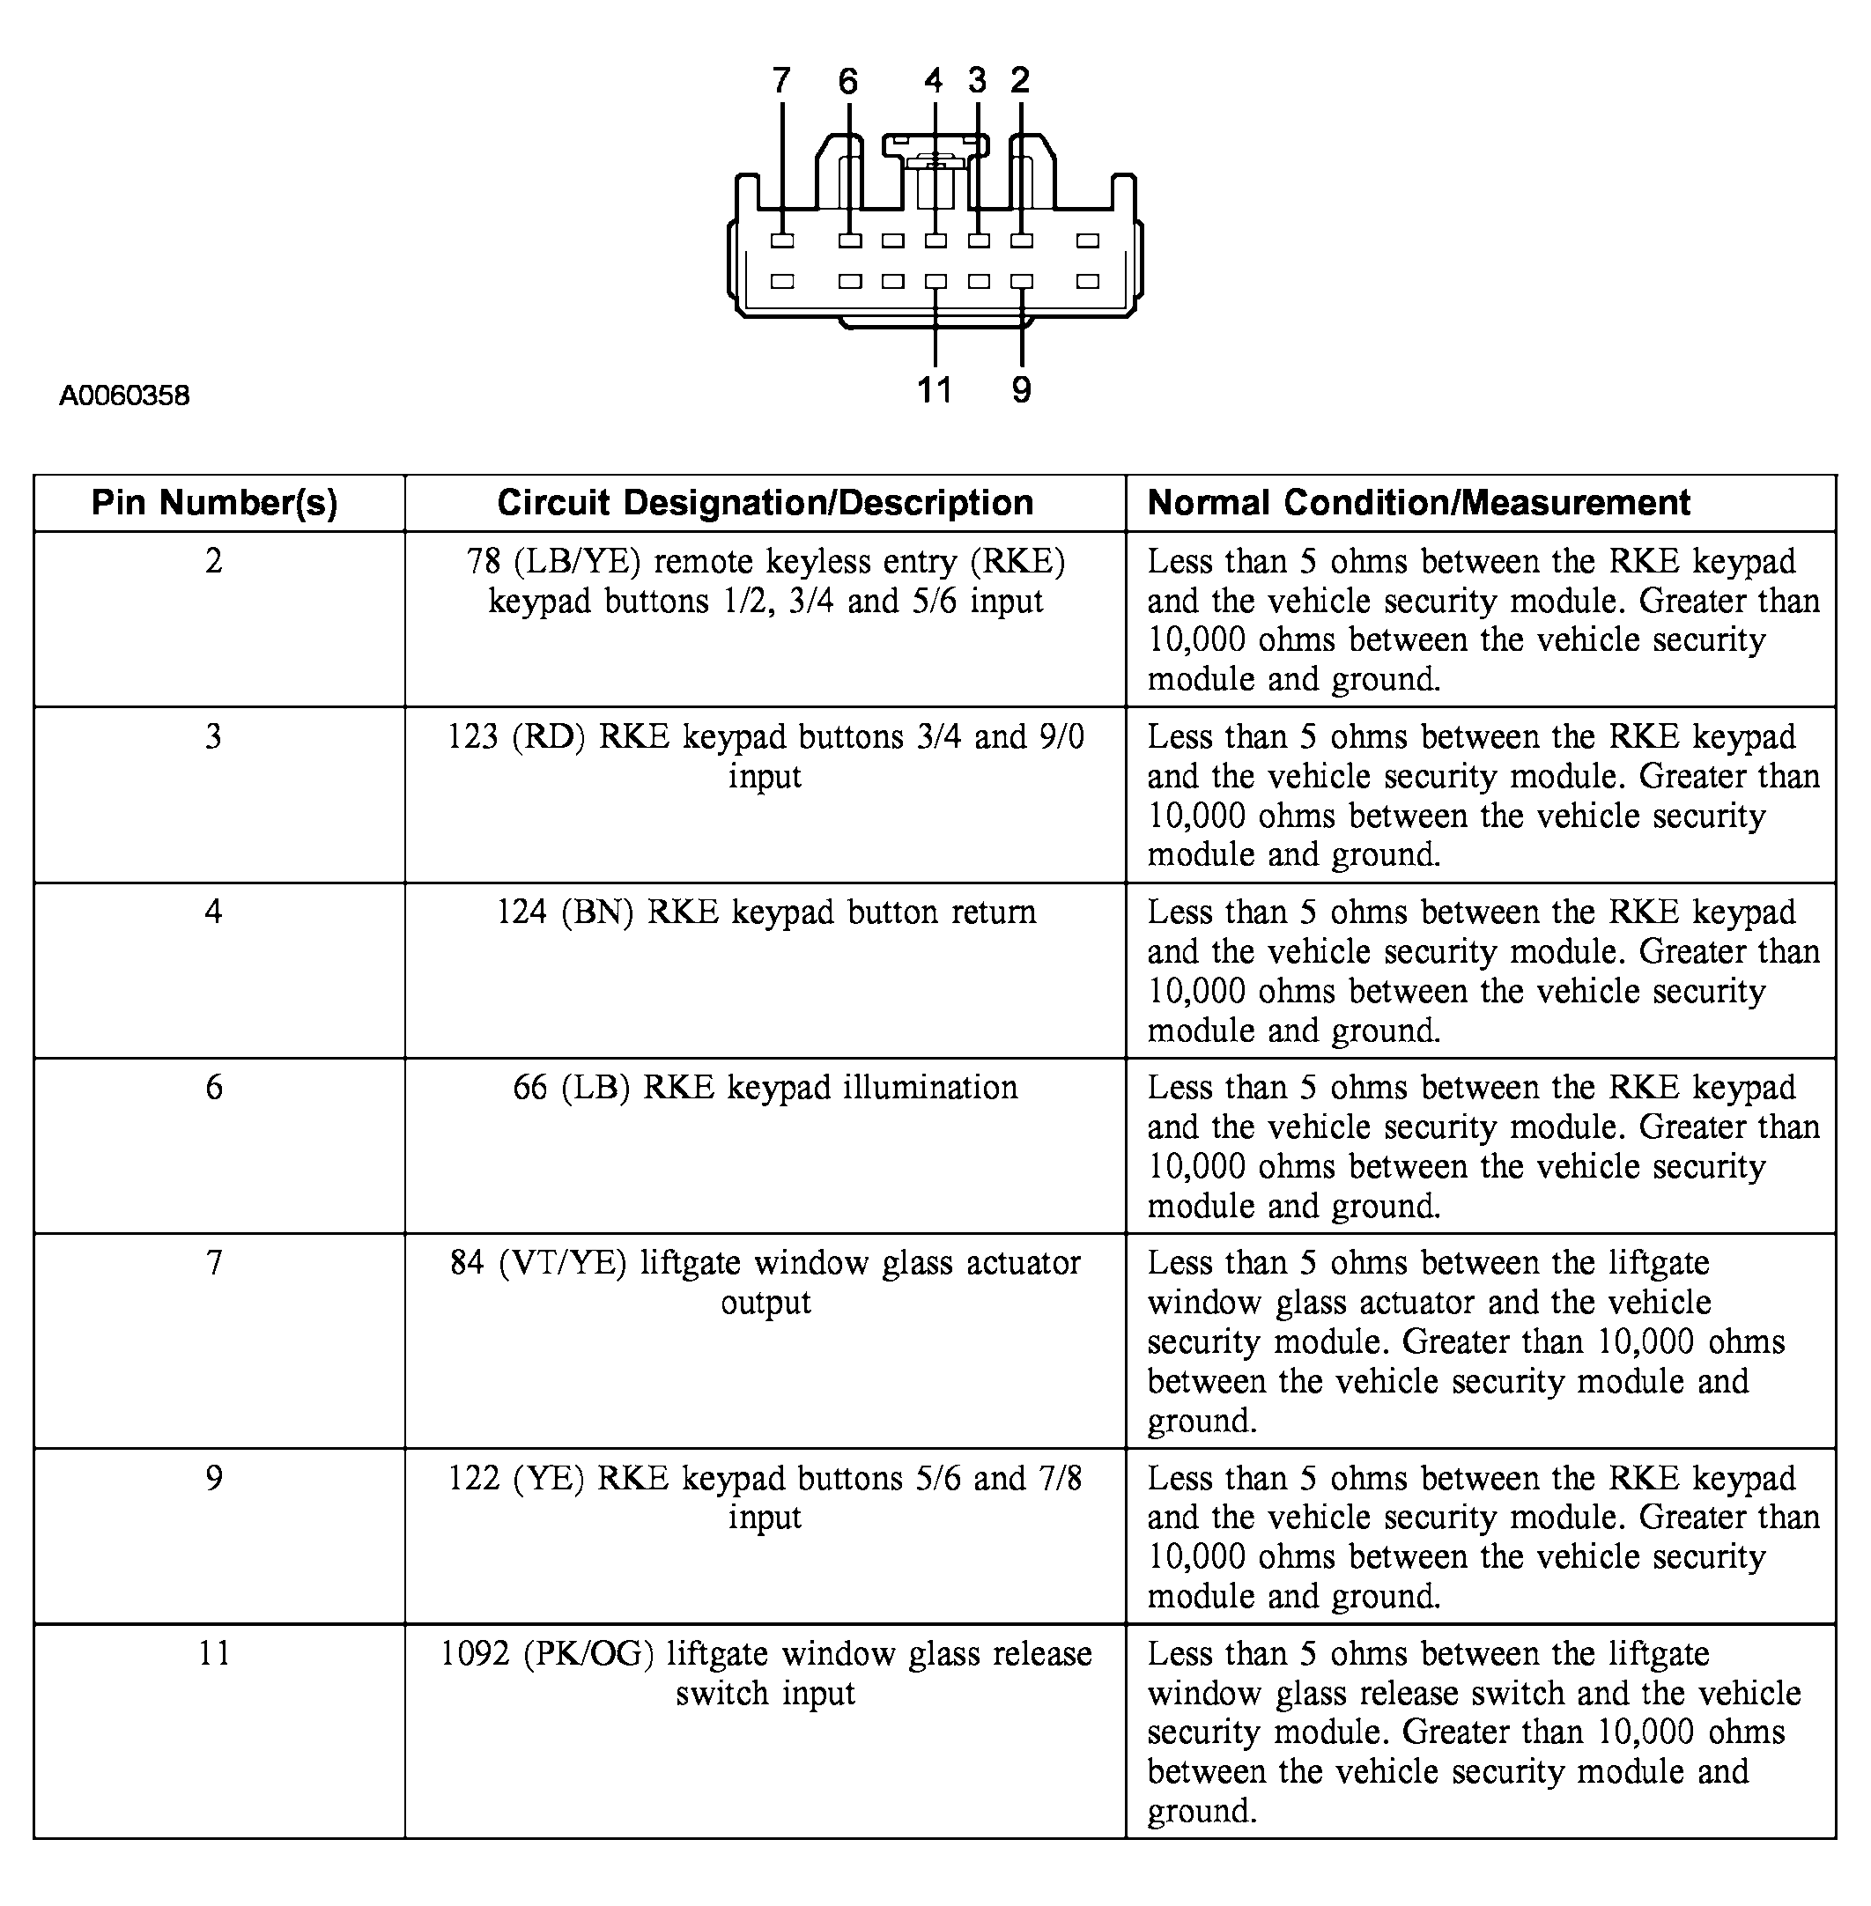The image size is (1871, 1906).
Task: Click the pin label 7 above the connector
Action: pyautogui.click(x=781, y=80)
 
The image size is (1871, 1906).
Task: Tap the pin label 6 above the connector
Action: pyautogui.click(x=848, y=80)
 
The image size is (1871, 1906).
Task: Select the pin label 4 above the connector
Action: pyautogui.click(x=934, y=80)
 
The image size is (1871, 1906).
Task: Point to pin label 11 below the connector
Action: pyautogui.click(x=935, y=390)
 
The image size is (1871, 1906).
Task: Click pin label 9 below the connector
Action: pyautogui.click(x=1022, y=390)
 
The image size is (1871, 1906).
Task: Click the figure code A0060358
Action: pyautogui.click(x=125, y=396)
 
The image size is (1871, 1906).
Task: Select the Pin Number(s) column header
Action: pyautogui.click(x=214, y=503)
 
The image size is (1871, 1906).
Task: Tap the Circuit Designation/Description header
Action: pyautogui.click(x=765, y=503)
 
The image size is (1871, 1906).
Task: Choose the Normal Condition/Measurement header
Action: pyautogui.click(x=1418, y=503)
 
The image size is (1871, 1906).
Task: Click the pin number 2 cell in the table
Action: pyautogui.click(x=214, y=561)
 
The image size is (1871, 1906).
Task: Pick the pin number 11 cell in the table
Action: pyautogui.click(x=214, y=1653)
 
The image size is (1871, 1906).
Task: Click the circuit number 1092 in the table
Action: pyautogui.click(x=475, y=1653)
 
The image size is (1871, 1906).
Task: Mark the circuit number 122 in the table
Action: pyautogui.click(x=474, y=1478)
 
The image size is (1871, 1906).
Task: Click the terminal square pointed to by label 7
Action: pyautogui.click(x=782, y=240)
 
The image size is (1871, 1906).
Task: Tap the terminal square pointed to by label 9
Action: pyautogui.click(x=1022, y=282)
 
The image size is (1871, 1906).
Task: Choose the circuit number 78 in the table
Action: pyautogui.click(x=484, y=561)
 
